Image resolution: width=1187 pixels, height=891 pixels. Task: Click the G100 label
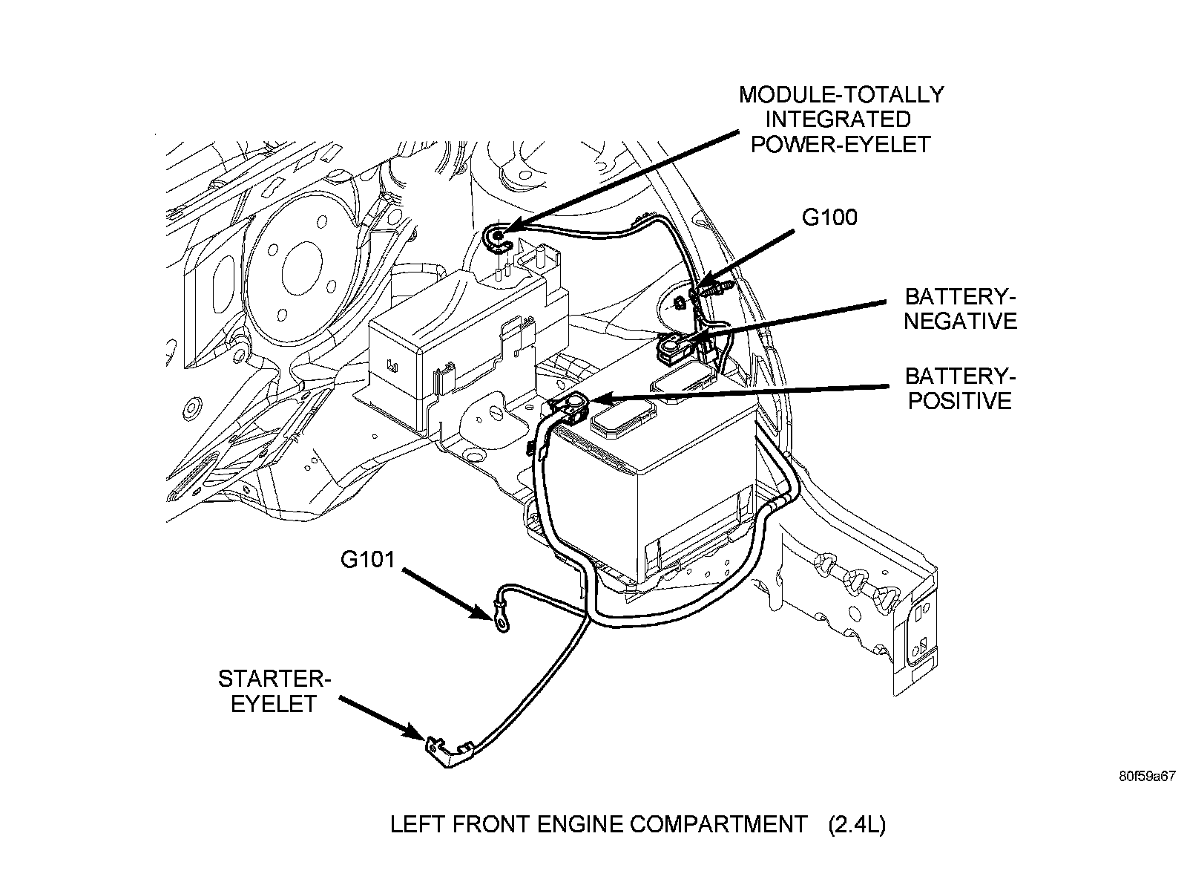829,218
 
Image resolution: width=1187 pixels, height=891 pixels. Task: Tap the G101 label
368,559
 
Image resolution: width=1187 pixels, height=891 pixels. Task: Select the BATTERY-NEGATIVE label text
960,309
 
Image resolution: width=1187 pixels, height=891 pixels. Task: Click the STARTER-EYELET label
274,691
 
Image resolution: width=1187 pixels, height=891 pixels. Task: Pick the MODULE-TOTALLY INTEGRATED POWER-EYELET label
841,120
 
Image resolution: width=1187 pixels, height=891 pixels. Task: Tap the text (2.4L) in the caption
857,825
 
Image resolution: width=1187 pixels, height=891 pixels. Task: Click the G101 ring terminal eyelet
502,624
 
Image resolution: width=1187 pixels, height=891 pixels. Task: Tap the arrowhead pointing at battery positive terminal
602,399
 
